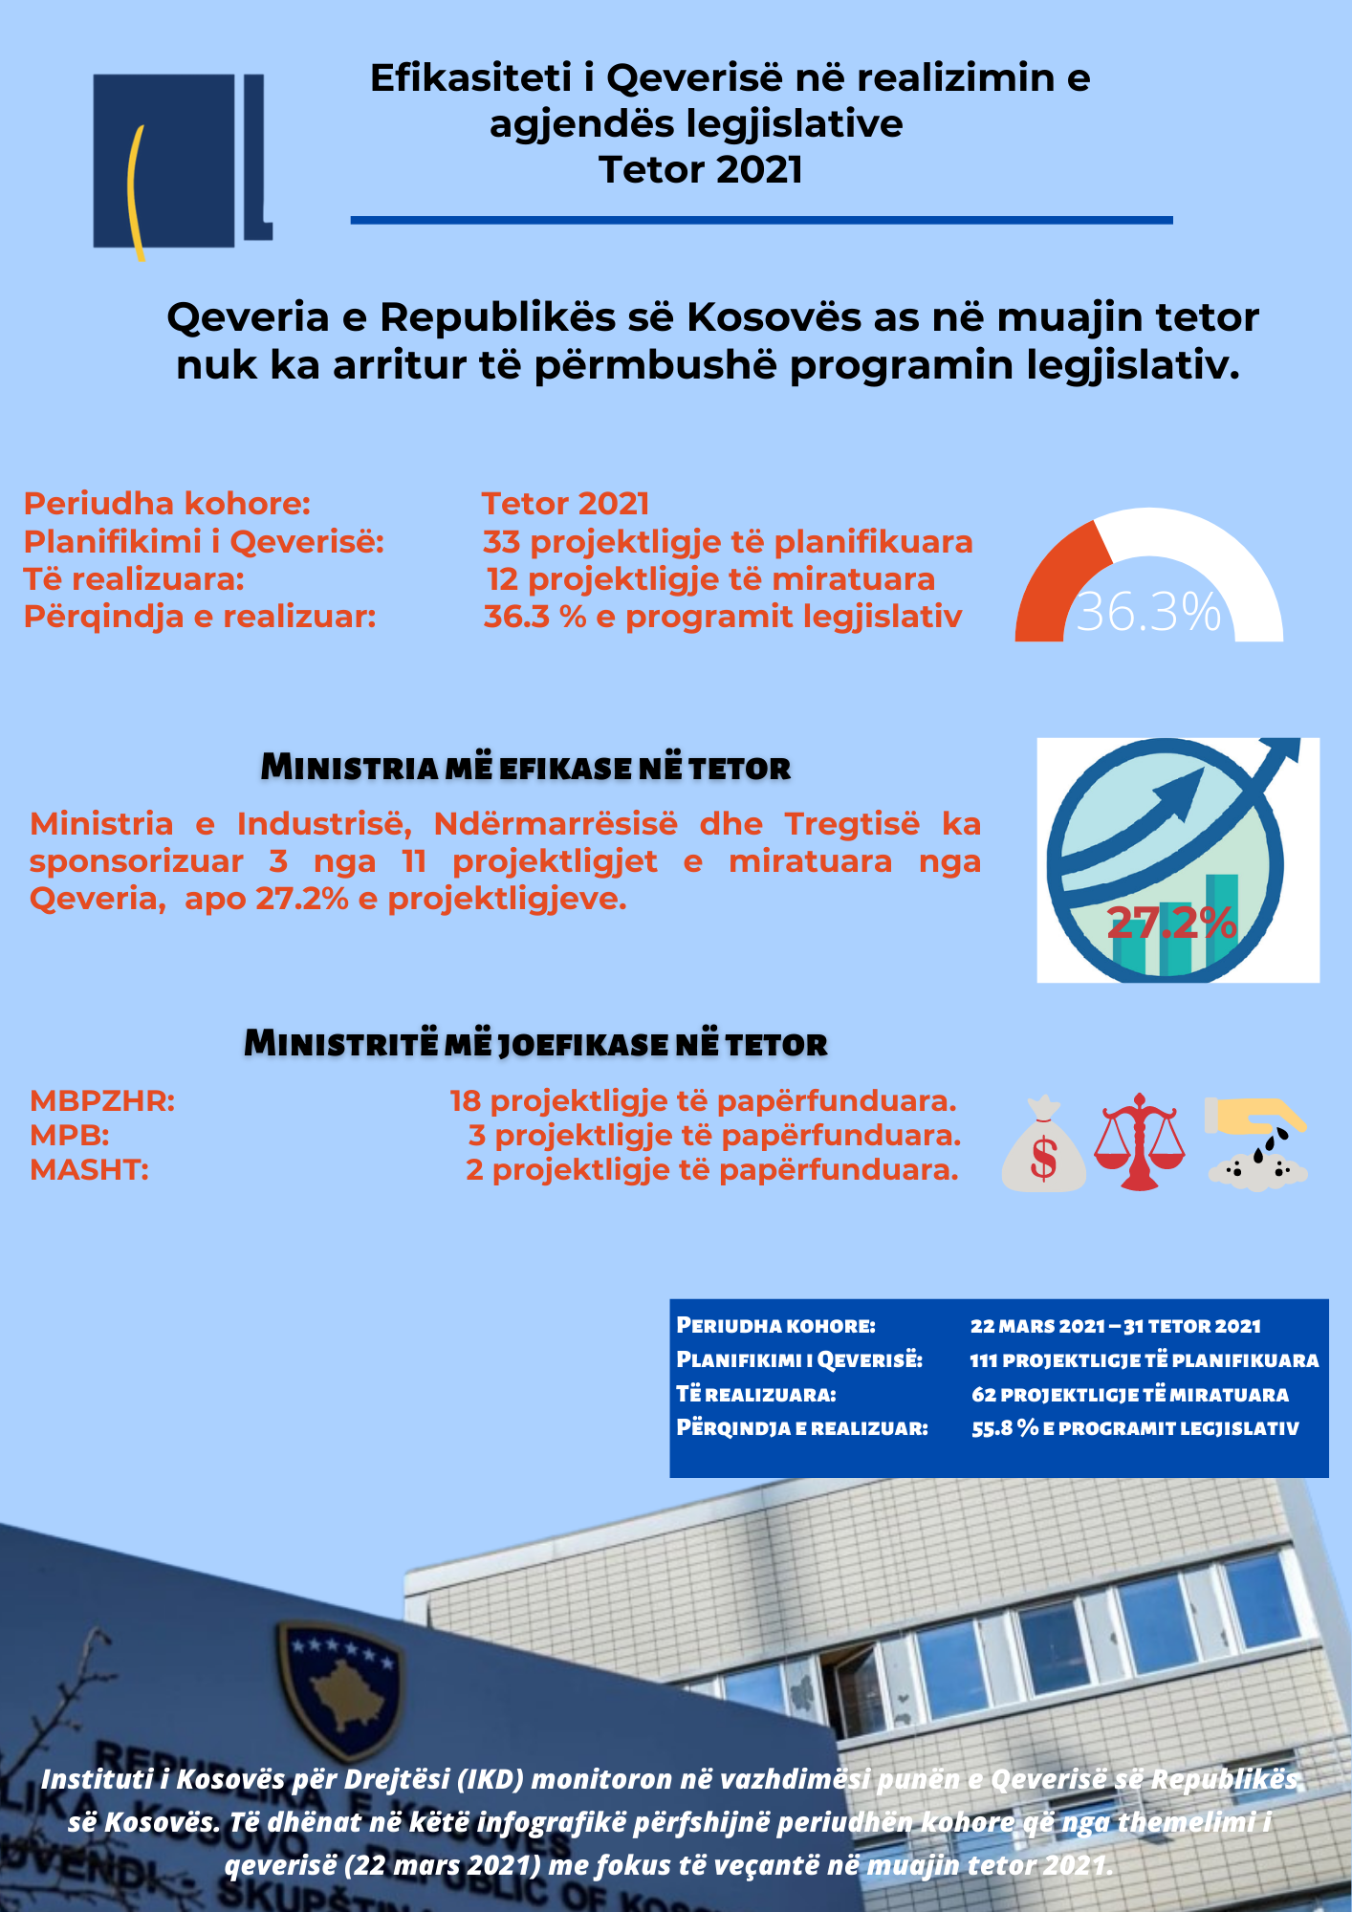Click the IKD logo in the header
pyautogui.click(x=182, y=163)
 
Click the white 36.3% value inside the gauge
pyautogui.click(x=1148, y=612)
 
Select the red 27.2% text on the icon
pyautogui.click(x=1171, y=923)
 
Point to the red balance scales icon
pyautogui.click(x=1139, y=1141)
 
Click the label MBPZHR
pyautogui.click(x=102, y=1101)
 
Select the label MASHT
pyautogui.click(x=89, y=1169)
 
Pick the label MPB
pyautogui.click(x=70, y=1136)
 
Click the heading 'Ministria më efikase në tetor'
pyautogui.click(x=526, y=768)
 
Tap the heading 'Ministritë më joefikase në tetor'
pyautogui.click(x=535, y=1043)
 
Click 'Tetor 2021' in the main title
pyautogui.click(x=701, y=170)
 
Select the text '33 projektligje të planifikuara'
pyautogui.click(x=728, y=542)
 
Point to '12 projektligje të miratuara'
pyautogui.click(x=710, y=579)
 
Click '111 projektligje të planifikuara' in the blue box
pyautogui.click(x=1144, y=1360)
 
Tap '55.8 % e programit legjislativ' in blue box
pyautogui.click(x=1135, y=1428)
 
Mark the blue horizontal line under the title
pyautogui.click(x=761, y=220)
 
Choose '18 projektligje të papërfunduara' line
pyautogui.click(x=703, y=1101)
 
